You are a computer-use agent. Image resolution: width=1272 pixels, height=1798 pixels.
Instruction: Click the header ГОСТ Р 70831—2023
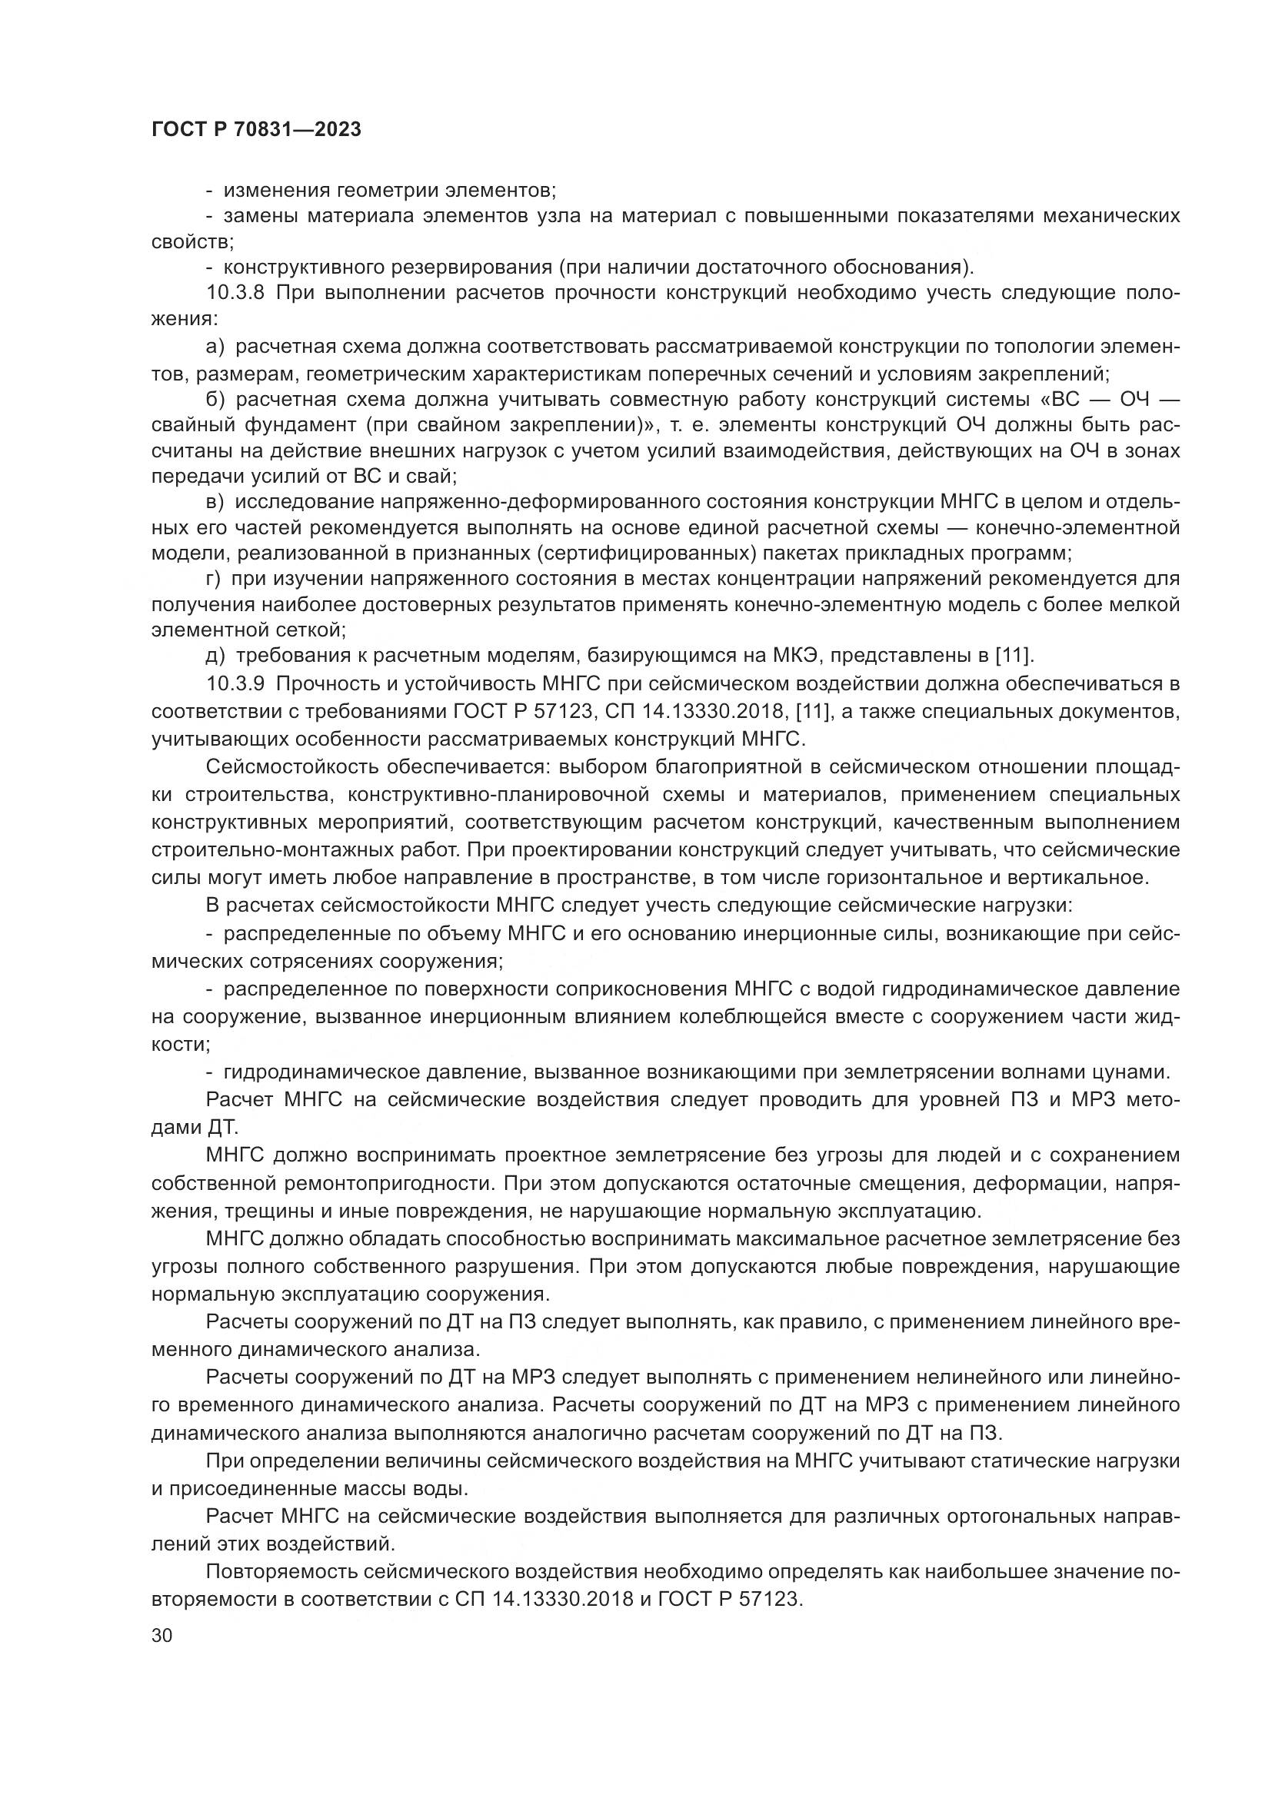click(256, 130)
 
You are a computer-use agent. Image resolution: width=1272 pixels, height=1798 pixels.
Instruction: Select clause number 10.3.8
click(238, 294)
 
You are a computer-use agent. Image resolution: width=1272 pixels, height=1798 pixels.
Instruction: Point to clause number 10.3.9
click(238, 683)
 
